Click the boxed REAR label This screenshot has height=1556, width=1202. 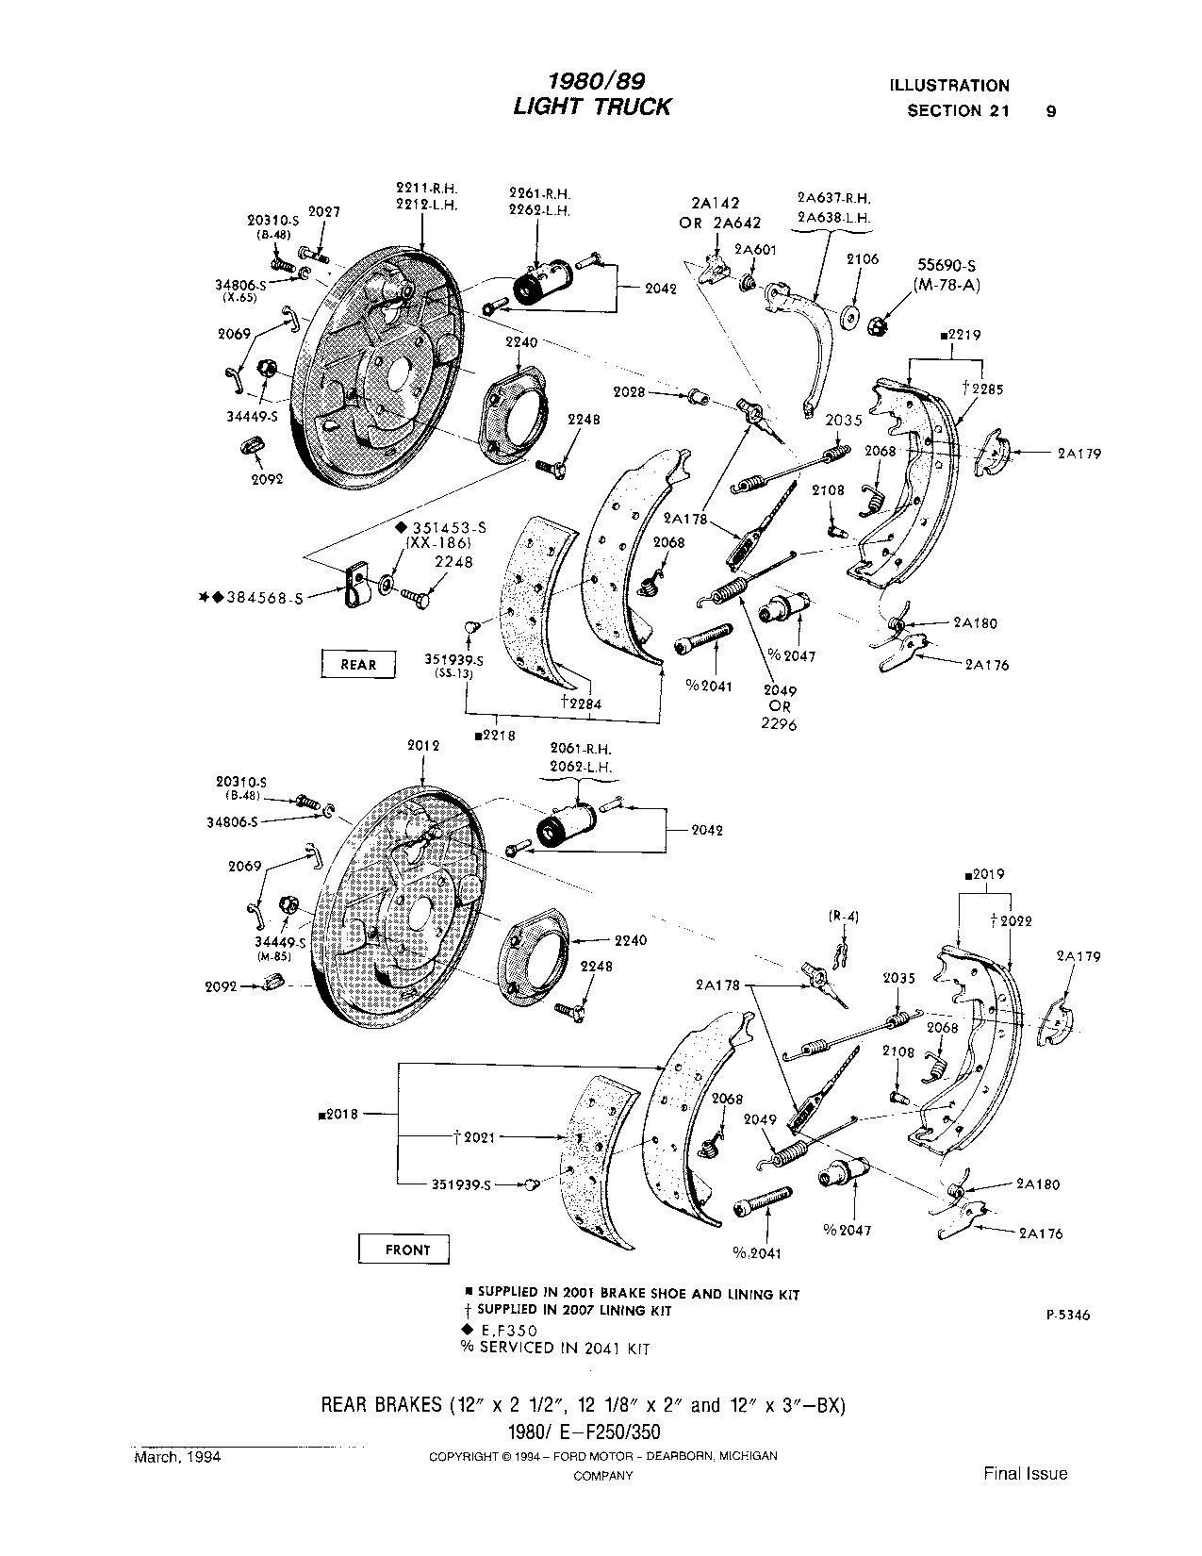pos(357,664)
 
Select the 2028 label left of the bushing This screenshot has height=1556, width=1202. pos(630,391)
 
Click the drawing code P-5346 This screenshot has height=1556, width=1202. pos(1067,1316)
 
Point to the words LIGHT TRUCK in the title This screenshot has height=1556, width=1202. pos(591,107)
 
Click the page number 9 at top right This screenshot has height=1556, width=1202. pos(1051,110)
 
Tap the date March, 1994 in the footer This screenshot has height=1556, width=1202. pos(177,1457)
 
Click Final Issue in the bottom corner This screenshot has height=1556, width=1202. pos(1026,1473)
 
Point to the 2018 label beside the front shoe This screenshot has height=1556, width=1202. pos(340,1114)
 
